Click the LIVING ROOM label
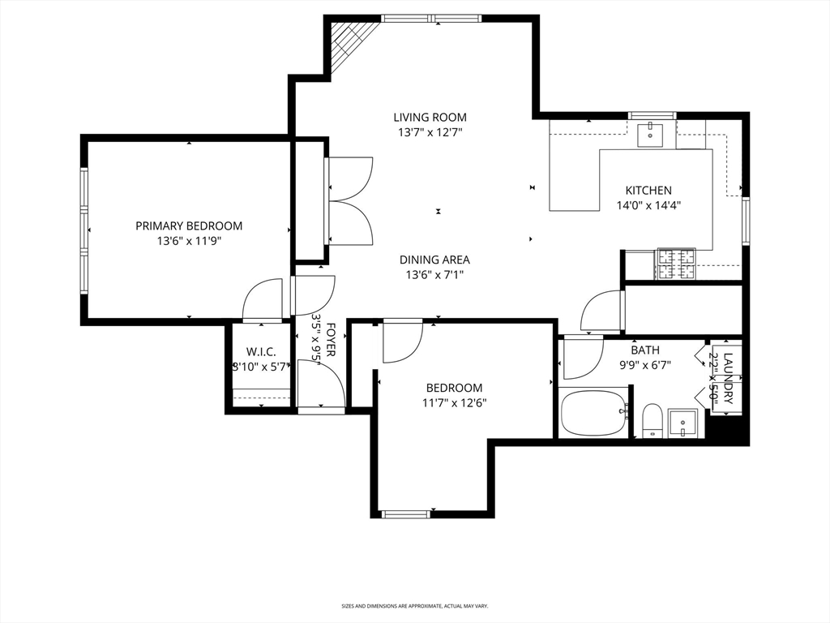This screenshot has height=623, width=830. tap(430, 117)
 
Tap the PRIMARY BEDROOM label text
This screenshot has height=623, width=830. tap(188, 226)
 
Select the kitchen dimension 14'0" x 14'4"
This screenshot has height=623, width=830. tap(648, 205)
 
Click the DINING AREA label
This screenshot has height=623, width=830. tap(434, 260)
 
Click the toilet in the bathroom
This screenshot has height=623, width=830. tap(652, 420)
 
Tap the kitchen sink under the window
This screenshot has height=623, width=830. tap(651, 135)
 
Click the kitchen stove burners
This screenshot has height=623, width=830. tap(675, 264)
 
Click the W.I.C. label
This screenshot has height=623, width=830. tap(262, 352)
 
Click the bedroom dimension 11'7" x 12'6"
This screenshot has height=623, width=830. tap(454, 402)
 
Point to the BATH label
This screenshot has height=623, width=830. tap(645, 350)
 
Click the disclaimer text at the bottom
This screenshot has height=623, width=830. tap(414, 605)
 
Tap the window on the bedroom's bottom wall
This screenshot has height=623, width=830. tap(405, 513)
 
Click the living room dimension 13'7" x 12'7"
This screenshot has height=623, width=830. tap(430, 131)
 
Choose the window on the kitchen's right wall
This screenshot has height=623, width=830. tap(746, 221)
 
